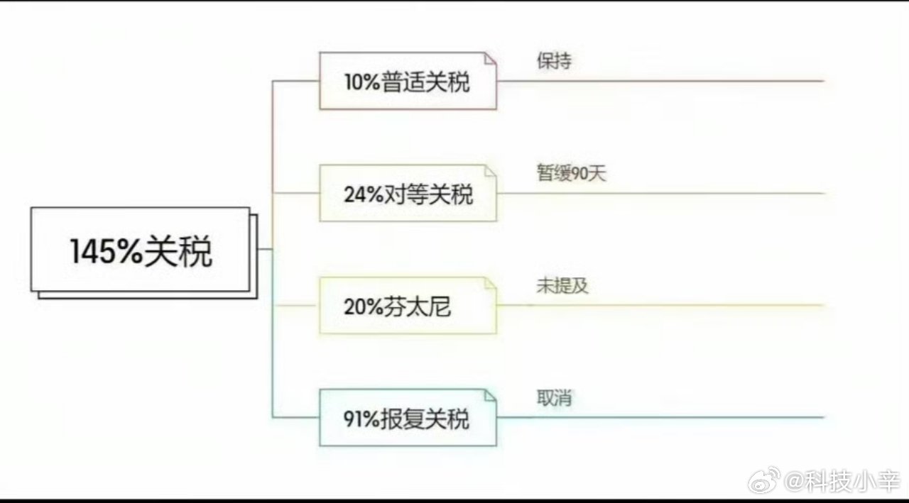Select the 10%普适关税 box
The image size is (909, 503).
pos(408,81)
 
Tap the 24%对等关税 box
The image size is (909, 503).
pos(408,193)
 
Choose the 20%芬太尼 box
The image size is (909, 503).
pos(408,306)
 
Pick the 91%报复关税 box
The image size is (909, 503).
pos(408,418)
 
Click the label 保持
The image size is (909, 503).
pos(554,62)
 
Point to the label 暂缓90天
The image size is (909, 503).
pos(572,173)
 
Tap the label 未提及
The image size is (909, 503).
pos(562,286)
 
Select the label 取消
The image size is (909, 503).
pos(554,398)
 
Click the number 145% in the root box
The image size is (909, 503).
pos(107,252)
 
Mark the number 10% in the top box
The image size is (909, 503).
pos(361,82)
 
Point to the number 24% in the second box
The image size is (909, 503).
pos(364,194)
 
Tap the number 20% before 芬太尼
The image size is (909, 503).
pos(364,307)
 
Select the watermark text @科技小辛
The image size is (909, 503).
pos(842,482)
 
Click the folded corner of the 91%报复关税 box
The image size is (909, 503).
pos(489,395)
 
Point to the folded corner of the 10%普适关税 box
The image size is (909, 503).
pos(489,58)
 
